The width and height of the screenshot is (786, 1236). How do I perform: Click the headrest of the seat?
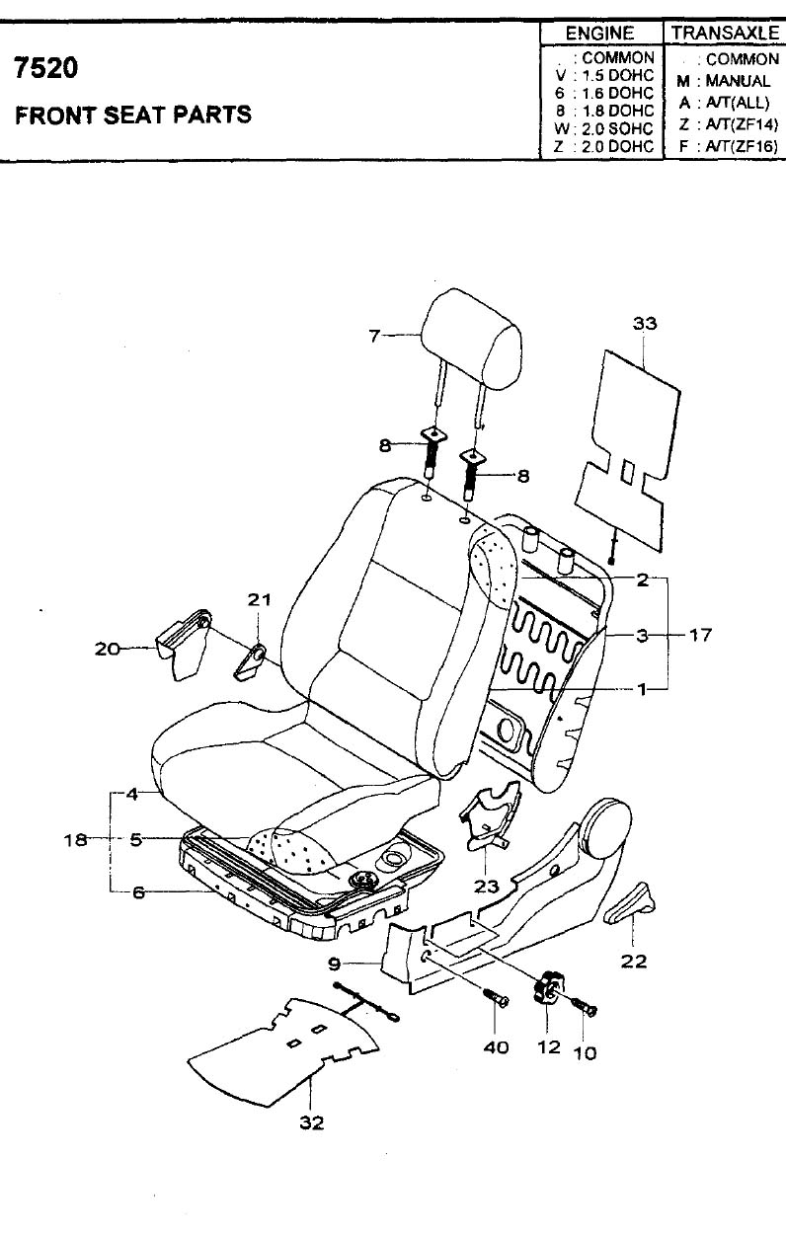472,343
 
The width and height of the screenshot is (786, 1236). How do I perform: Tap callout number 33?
645,323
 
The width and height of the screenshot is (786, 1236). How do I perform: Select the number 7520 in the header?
46,68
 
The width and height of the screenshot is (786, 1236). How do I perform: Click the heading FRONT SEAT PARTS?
133,115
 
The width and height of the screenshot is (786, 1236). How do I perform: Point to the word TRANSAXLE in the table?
725,34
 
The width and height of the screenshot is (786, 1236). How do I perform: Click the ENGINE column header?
600,34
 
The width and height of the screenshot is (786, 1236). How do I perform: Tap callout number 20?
107,649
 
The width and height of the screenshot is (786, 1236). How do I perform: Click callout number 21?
259,599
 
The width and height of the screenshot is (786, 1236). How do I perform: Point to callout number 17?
700,635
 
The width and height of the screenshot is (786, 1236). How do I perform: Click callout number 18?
76,840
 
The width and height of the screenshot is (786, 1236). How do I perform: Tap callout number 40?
496,1047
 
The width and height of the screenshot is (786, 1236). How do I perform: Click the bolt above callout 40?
496,998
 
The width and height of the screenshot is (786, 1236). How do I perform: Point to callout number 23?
486,887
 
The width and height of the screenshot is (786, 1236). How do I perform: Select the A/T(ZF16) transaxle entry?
728,147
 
